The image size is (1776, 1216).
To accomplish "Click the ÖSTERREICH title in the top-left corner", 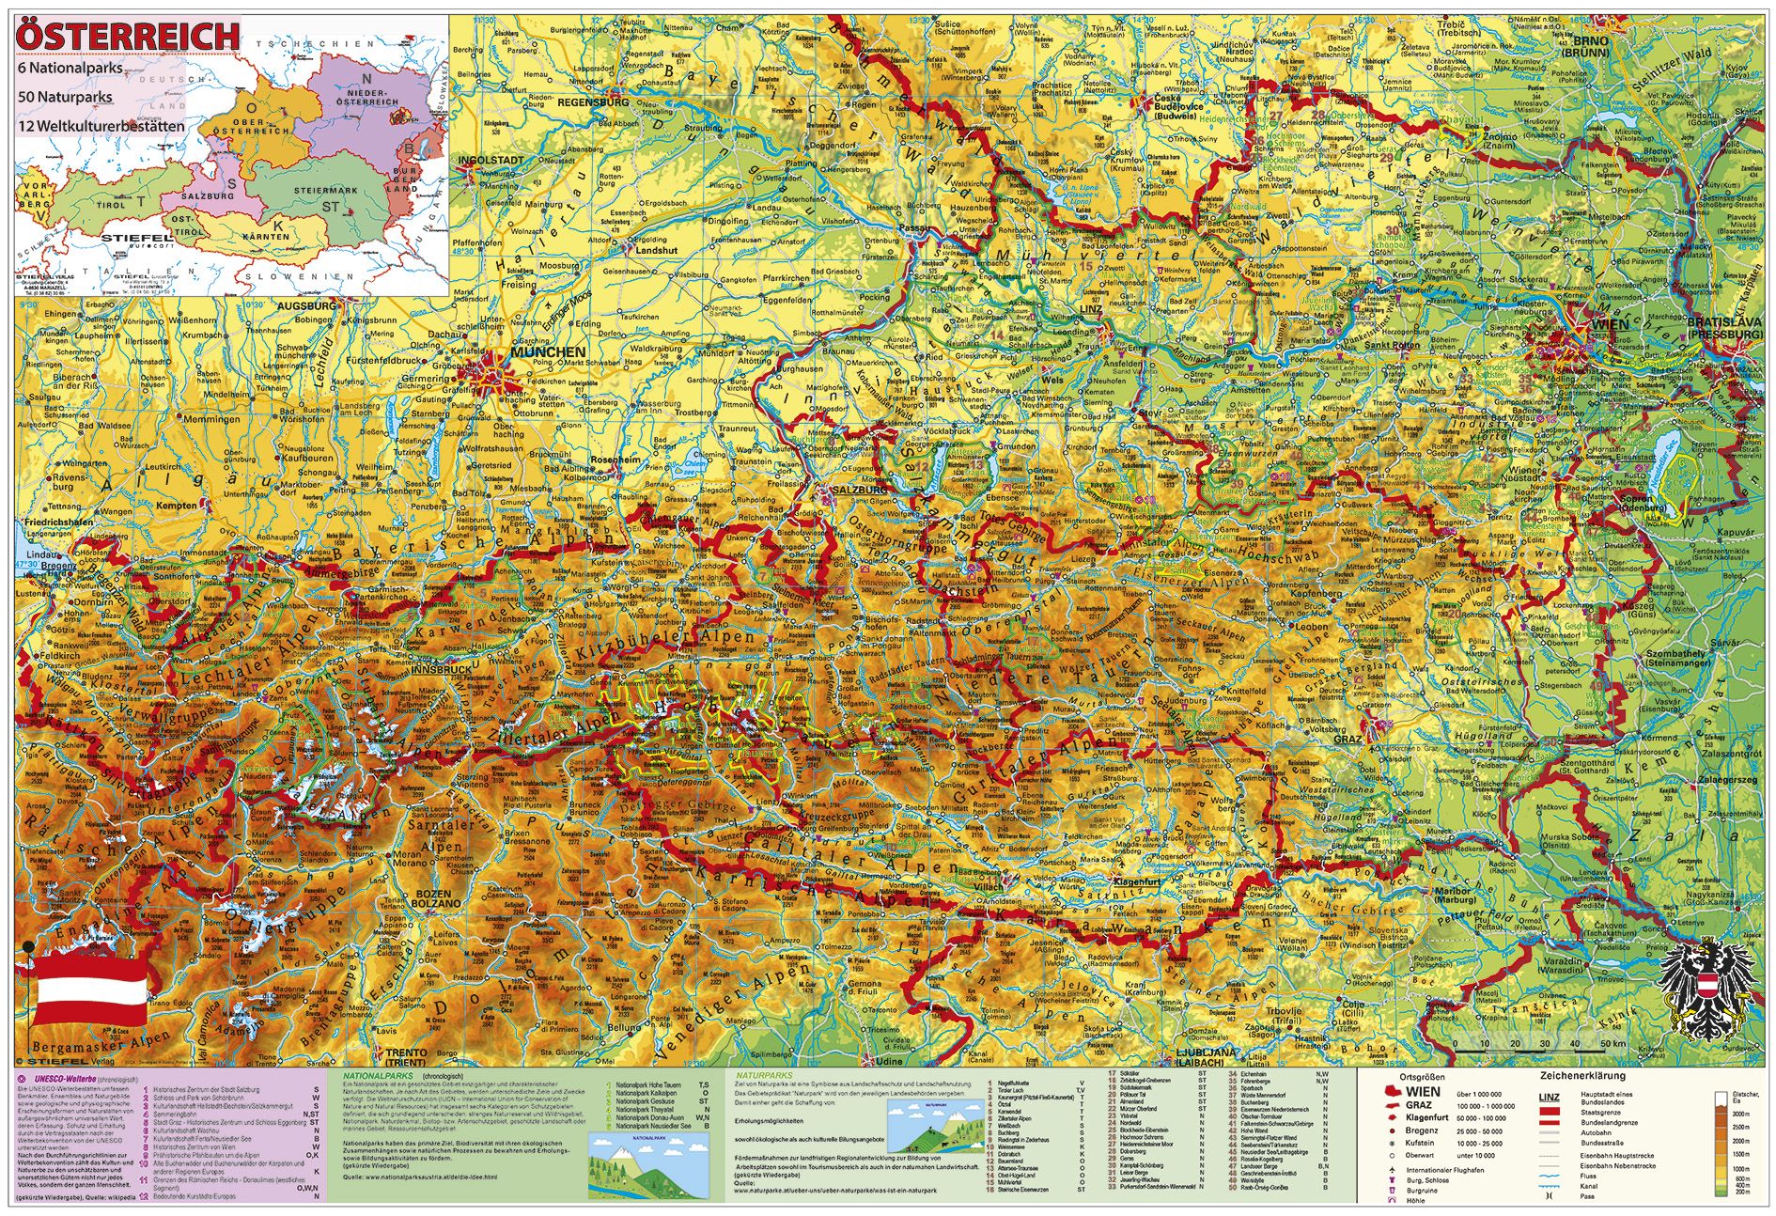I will coord(129,35).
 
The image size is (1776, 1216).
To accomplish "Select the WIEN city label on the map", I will coord(1610,325).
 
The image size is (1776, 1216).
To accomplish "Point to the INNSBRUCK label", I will coord(442,670).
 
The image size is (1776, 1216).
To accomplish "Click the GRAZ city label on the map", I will coord(1348,740).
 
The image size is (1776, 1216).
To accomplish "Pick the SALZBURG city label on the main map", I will coord(855,490).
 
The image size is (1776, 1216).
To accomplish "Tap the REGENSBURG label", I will coord(593,102).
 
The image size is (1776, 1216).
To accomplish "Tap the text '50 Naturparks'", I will coord(65,97).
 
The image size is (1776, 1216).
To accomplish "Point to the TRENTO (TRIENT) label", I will coord(405,1057).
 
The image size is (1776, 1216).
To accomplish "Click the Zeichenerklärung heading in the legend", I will coord(1581,1076).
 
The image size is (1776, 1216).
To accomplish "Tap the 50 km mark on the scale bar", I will coord(1612,1044).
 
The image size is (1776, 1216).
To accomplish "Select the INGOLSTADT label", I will coord(491,161).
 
